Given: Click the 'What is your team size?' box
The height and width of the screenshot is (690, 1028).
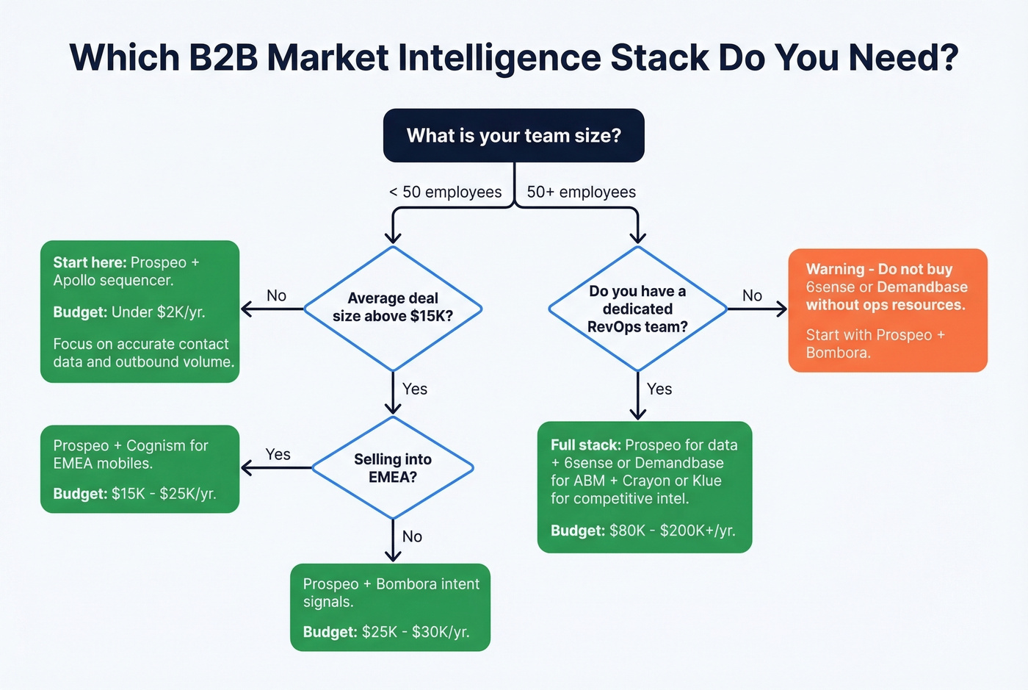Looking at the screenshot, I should coord(513,136).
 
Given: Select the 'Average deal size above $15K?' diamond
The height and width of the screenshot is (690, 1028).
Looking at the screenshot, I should coord(393,308).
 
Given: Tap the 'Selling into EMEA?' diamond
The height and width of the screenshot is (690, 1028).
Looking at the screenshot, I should coord(393,468).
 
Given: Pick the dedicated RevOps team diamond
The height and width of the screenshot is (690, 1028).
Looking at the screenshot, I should coord(637,309).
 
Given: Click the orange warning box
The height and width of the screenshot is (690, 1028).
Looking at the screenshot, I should coord(887,310).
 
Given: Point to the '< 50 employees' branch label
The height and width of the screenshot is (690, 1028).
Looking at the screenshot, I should coord(445,193).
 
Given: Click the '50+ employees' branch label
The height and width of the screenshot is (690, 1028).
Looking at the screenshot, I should coord(581,193).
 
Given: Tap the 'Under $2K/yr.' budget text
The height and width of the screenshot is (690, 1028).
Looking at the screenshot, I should coord(158,312).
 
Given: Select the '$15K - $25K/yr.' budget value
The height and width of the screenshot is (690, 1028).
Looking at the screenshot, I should coord(164,494).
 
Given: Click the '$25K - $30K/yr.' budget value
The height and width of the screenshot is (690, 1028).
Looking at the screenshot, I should coord(415,632).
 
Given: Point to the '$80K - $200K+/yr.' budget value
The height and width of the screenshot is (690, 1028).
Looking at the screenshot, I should coord(672,531).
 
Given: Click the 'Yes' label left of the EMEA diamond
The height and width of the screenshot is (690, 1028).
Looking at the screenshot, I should coord(278,455).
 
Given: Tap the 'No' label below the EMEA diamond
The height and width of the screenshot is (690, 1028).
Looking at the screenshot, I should coord(412,537).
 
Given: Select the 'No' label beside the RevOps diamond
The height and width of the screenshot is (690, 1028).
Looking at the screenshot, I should coord(752,296).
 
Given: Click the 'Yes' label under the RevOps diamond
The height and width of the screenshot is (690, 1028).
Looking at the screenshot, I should coord(659,389).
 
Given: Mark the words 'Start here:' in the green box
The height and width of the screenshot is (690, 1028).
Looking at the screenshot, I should coord(90,263).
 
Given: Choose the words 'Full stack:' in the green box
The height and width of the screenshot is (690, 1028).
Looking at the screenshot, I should coord(585,445).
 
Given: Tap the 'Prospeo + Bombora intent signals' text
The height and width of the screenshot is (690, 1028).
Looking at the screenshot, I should coord(391,592).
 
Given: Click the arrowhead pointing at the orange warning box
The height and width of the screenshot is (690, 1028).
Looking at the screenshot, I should coord(781,309).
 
